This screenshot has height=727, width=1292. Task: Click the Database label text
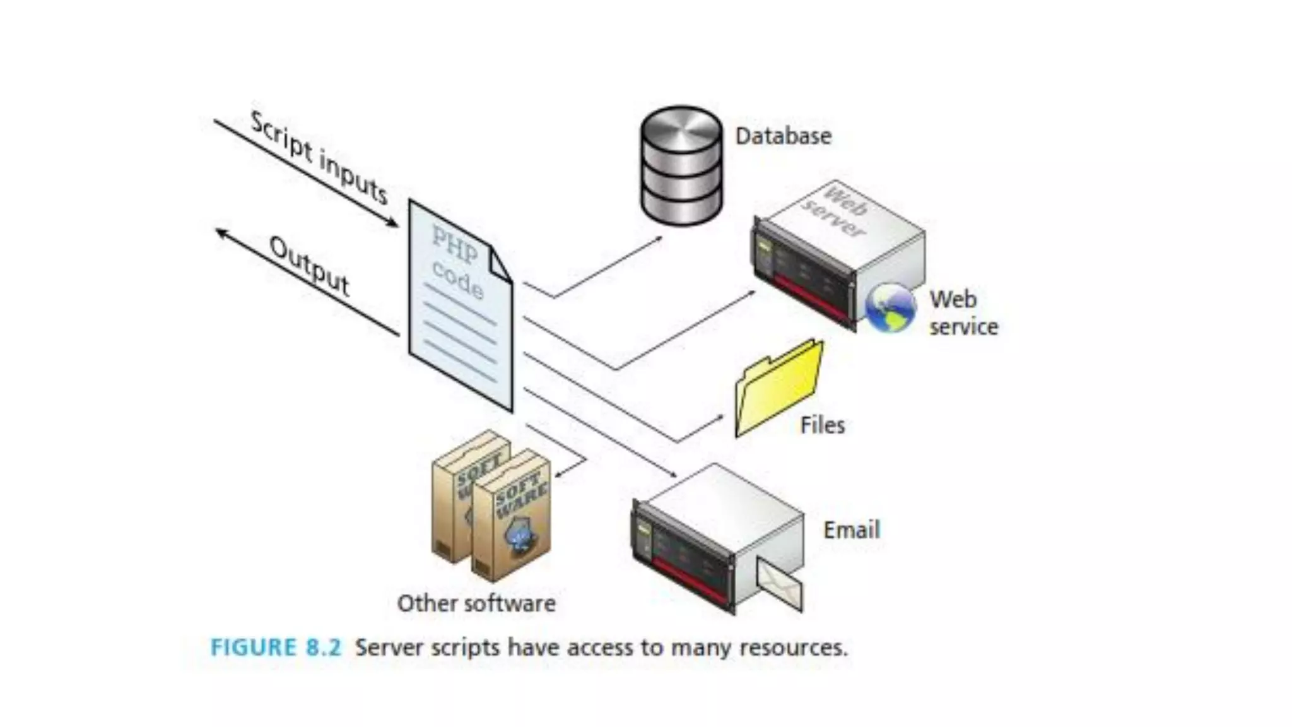tap(783, 136)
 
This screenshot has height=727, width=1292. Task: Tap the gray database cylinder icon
tap(681, 166)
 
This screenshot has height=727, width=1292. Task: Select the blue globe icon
tap(890, 308)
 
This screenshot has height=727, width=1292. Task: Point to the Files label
tap(822, 425)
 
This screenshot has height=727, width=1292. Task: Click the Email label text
tap(851, 530)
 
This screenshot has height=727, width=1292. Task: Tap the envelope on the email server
tap(780, 584)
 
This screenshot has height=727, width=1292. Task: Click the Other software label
tap(476, 604)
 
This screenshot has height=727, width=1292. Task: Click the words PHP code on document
tap(458, 262)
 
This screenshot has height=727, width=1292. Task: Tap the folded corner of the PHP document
tap(500, 263)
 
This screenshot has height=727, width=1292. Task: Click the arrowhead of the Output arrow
tap(221, 233)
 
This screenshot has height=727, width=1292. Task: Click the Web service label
tap(963, 313)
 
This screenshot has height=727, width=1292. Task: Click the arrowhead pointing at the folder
tap(719, 417)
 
